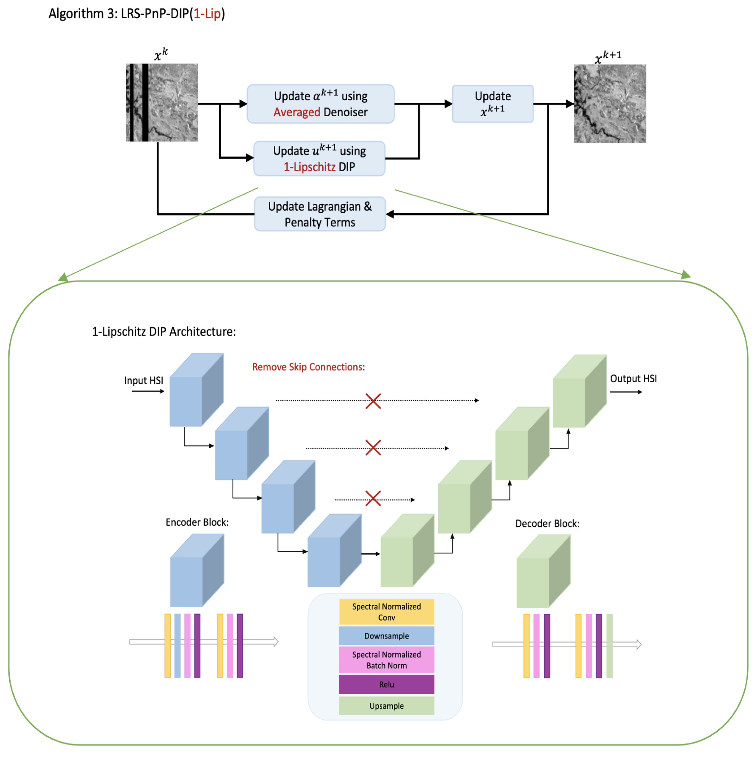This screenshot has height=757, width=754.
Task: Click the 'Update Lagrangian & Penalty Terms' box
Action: click(x=319, y=214)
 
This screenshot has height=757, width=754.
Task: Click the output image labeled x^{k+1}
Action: click(x=609, y=103)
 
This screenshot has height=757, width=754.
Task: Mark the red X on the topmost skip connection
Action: click(x=373, y=401)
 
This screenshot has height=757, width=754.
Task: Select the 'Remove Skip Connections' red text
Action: click(x=307, y=367)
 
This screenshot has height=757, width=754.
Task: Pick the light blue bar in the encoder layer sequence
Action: click(x=177, y=645)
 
